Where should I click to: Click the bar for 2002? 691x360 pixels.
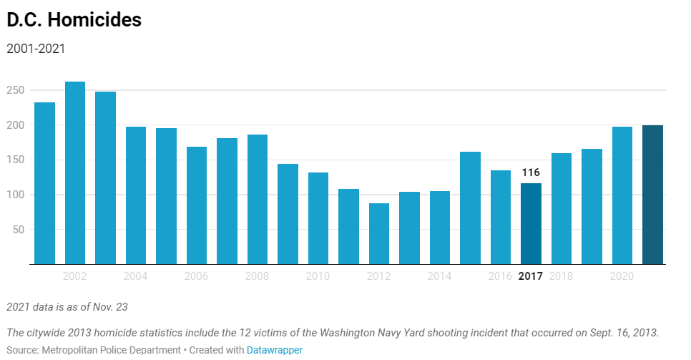(x=75, y=173)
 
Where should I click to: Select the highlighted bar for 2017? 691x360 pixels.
(x=531, y=224)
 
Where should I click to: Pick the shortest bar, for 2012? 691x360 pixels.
(x=379, y=234)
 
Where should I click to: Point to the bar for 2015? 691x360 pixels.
(x=470, y=208)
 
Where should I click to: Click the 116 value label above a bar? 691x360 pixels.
(x=531, y=172)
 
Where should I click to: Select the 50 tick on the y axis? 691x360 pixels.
(x=19, y=230)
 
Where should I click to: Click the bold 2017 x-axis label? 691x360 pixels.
(x=531, y=276)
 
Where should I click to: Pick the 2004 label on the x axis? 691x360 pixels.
(x=136, y=276)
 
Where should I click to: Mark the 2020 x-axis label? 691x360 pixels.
(x=622, y=276)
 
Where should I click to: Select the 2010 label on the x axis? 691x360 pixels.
(x=318, y=276)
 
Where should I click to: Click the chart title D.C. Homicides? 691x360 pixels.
(x=74, y=20)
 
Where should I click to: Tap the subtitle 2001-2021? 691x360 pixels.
(x=36, y=49)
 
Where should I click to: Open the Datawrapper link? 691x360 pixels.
(x=275, y=350)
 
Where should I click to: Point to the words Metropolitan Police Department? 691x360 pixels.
(x=113, y=350)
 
